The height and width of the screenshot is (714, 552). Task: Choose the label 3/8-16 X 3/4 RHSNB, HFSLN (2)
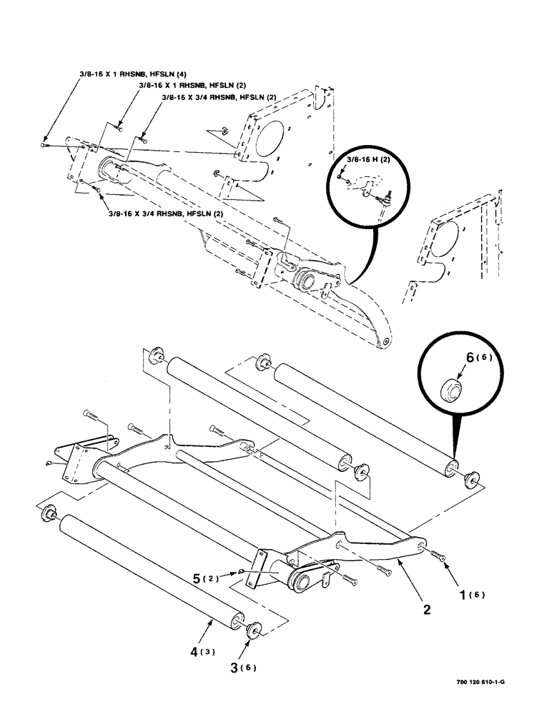165,213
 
